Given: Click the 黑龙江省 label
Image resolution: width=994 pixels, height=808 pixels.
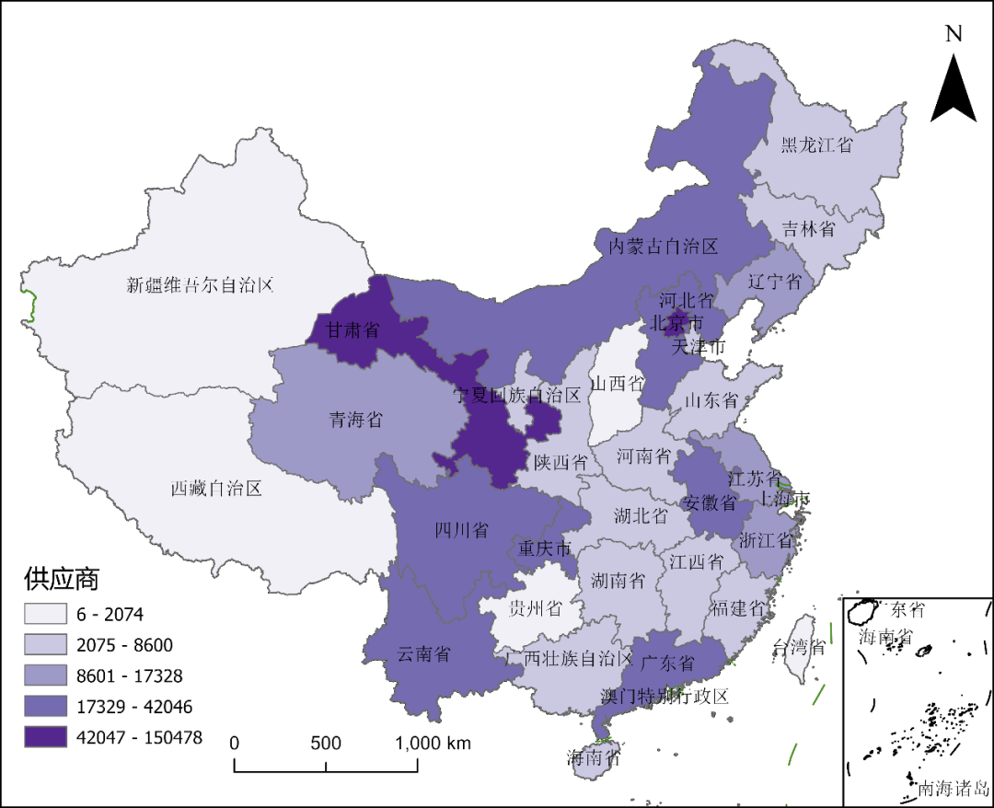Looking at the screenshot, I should pyautogui.click(x=816, y=144).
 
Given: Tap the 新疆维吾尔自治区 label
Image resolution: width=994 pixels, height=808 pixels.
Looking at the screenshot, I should pyautogui.click(x=201, y=284).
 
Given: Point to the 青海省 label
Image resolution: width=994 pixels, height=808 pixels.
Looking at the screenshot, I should pyautogui.click(x=355, y=421).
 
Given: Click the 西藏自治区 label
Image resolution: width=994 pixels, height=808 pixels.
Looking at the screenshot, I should pyautogui.click(x=216, y=488).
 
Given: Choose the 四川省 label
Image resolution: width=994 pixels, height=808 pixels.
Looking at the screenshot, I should pyautogui.click(x=461, y=530).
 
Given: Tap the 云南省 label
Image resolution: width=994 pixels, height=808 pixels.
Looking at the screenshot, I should pyautogui.click(x=423, y=653).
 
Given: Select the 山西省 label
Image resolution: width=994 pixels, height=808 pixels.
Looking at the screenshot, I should pyautogui.click(x=617, y=382).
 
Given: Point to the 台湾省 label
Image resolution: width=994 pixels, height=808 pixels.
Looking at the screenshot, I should pyautogui.click(x=800, y=646).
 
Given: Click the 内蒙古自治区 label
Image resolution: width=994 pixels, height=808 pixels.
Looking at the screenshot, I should pyautogui.click(x=664, y=246).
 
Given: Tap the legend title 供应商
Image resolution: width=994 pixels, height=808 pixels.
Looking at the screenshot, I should pyautogui.click(x=62, y=580).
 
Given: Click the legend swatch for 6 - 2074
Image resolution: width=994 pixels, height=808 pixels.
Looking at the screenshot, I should pyautogui.click(x=46, y=614).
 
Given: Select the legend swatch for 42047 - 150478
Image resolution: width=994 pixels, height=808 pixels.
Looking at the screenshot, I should pyautogui.click(x=46, y=737).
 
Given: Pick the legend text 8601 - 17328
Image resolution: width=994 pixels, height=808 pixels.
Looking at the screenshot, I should pyautogui.click(x=131, y=676).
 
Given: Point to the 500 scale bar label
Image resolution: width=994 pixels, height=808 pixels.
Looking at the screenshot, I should pyautogui.click(x=326, y=744).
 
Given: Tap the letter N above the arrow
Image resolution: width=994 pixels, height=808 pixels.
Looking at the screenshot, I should pyautogui.click(x=954, y=34).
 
